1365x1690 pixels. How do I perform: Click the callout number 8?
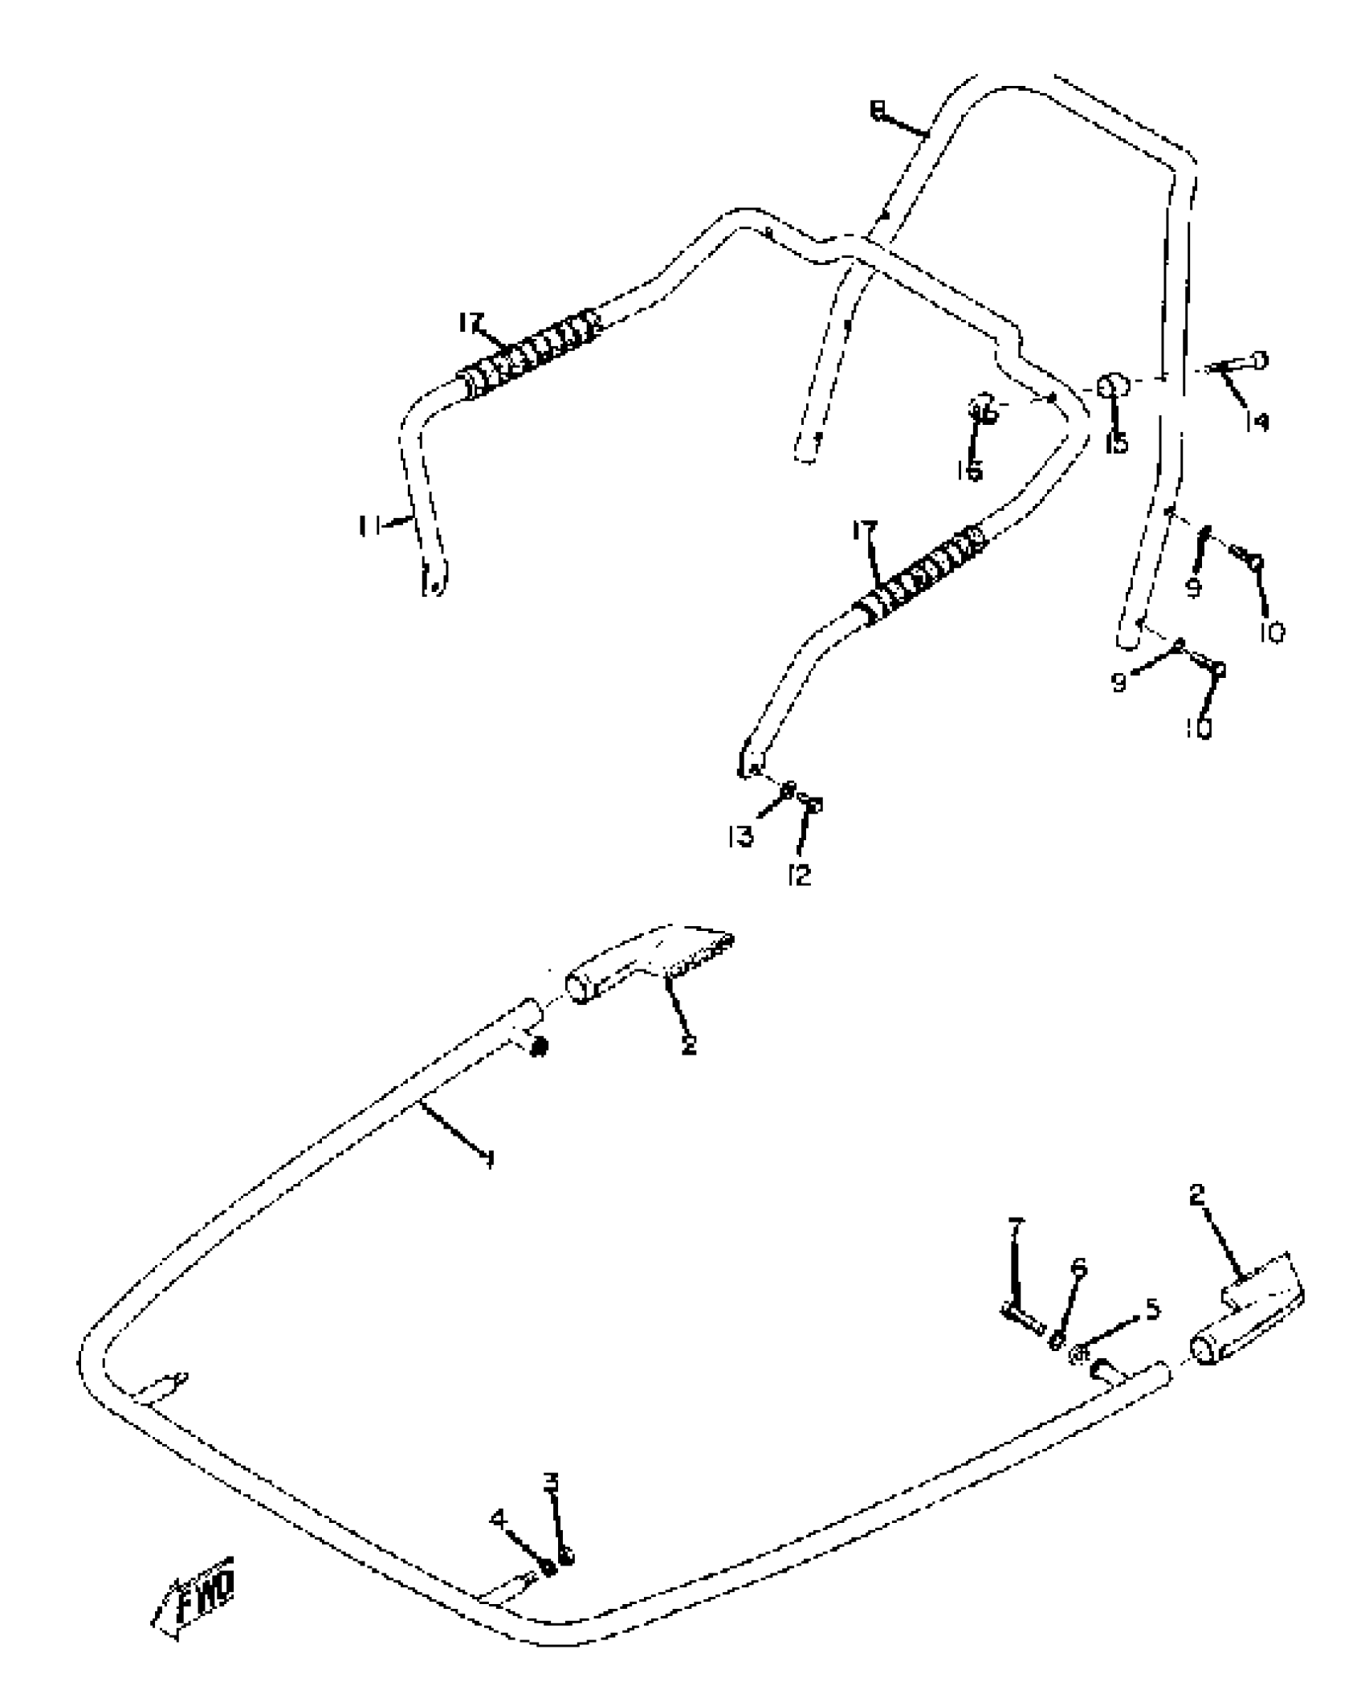tap(878, 110)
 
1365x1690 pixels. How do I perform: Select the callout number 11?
tap(369, 526)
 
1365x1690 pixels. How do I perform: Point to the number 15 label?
tap(1117, 441)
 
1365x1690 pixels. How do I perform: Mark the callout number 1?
tap(489, 1157)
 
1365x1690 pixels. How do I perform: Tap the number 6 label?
tap(1079, 1269)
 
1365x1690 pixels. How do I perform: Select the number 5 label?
tap(1152, 1310)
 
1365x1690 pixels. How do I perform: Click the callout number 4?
tap(499, 1518)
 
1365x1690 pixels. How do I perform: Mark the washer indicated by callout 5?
tap(1080, 1354)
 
